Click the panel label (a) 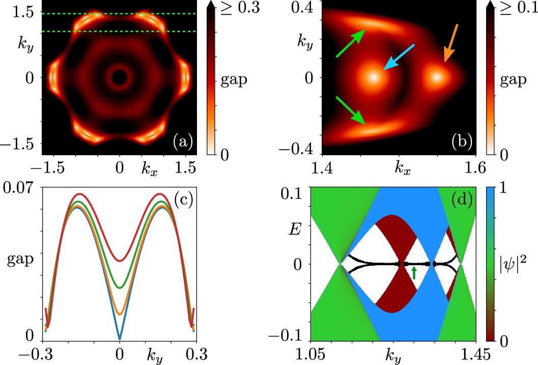182,142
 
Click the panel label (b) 462,142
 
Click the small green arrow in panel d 414,273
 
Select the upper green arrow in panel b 350,43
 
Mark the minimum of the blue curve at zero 120,339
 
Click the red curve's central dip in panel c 120,261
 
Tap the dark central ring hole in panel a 120,77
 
